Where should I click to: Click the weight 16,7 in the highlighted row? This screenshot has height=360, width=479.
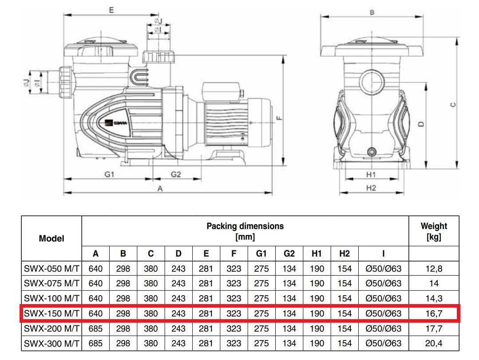pyautogui.click(x=434, y=313)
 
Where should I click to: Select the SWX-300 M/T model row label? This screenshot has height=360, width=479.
pyautogui.click(x=51, y=344)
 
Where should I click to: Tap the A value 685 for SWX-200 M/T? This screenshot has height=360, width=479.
pyautogui.click(x=95, y=328)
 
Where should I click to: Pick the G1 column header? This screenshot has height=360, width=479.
pyautogui.click(x=261, y=253)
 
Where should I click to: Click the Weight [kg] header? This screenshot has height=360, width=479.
pyautogui.click(x=434, y=231)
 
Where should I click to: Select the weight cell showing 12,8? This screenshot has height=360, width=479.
pyautogui.click(x=434, y=269)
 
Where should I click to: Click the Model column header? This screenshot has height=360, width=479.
pyautogui.click(x=51, y=238)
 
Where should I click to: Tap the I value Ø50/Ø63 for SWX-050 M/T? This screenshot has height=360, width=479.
pyautogui.click(x=383, y=269)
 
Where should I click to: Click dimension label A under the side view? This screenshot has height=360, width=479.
pyautogui.click(x=160, y=189)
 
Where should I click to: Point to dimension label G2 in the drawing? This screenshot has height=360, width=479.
pyautogui.click(x=176, y=174)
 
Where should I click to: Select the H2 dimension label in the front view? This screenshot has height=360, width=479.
pyautogui.click(x=371, y=188)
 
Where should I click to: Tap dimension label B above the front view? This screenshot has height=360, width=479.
pyautogui.click(x=372, y=12)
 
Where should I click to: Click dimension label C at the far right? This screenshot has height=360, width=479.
pyautogui.click(x=452, y=105)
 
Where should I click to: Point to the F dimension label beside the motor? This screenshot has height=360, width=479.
pyautogui.click(x=278, y=118)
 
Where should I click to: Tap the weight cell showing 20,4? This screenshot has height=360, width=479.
pyautogui.click(x=434, y=344)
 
